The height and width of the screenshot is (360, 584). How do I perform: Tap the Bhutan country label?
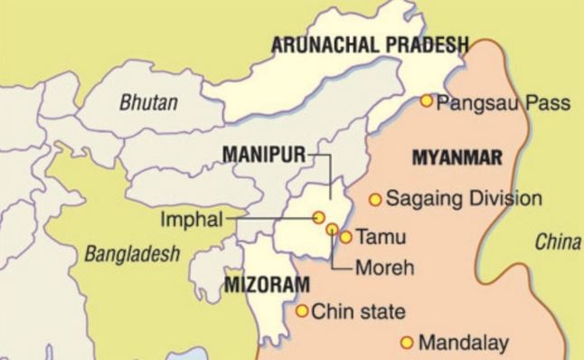[x=148, y=101]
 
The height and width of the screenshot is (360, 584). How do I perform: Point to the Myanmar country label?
[x=456, y=158]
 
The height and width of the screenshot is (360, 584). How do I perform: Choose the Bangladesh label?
[x=132, y=254]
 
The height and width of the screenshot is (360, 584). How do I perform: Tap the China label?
[x=558, y=242]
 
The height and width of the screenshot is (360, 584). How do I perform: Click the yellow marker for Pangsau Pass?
[x=427, y=100]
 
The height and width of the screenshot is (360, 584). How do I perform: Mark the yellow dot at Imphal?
[x=318, y=217]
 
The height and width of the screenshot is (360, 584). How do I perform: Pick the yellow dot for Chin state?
[x=302, y=312]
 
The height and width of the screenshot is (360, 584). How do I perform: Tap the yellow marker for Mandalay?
[x=407, y=343]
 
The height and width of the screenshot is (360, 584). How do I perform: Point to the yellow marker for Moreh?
[x=332, y=230]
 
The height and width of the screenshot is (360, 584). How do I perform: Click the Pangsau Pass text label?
[x=503, y=103]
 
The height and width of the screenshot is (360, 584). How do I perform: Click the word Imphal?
[x=185, y=218]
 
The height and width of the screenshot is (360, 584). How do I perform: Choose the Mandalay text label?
[x=463, y=344]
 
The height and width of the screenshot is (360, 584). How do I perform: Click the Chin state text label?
[x=357, y=313]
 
